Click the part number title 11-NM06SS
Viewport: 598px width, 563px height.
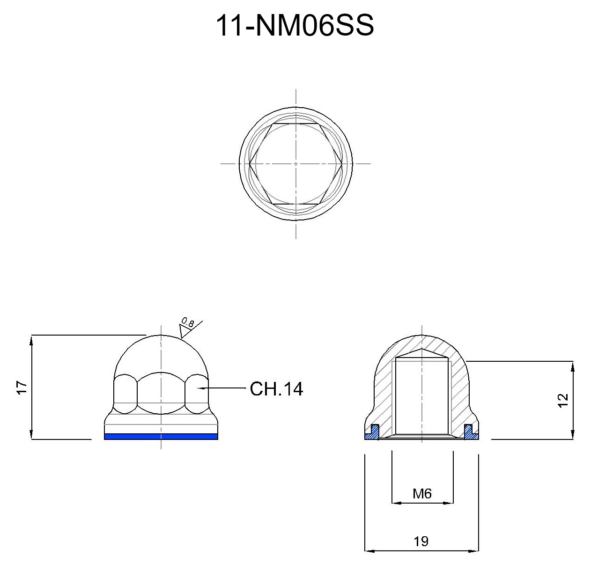point(295,26)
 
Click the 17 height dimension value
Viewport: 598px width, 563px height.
point(22,388)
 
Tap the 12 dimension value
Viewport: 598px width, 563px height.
point(562,401)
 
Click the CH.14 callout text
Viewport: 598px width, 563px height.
point(276,389)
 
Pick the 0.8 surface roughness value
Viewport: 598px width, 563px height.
point(188,323)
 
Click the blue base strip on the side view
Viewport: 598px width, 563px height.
point(161,437)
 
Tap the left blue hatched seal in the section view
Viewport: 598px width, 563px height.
point(371,432)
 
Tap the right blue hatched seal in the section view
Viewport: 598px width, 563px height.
point(472,432)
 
